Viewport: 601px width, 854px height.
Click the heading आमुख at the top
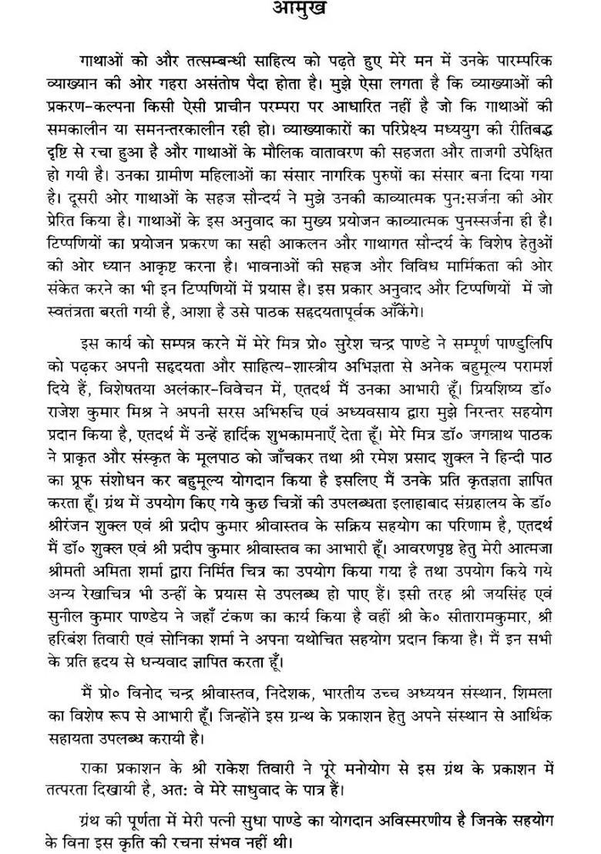(x=300, y=10)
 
